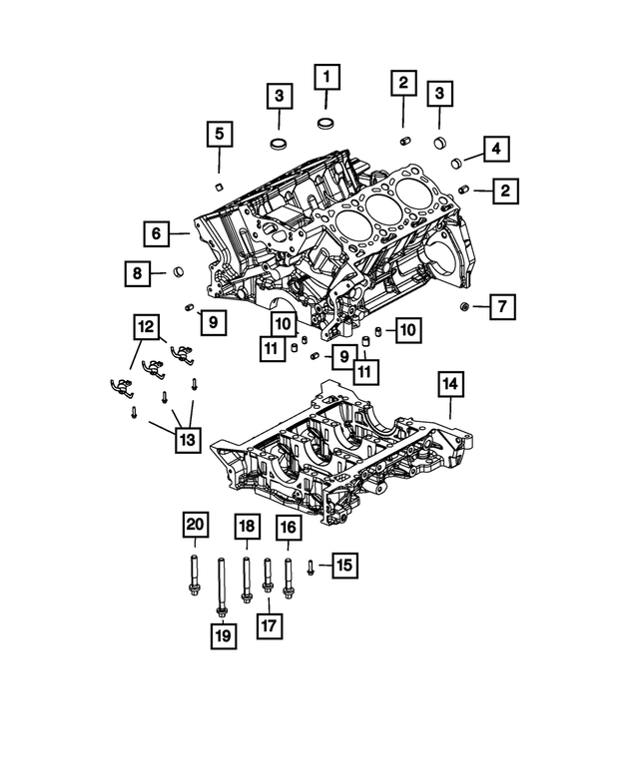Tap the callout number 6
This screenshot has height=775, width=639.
[x=157, y=234]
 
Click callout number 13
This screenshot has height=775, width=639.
[x=189, y=438]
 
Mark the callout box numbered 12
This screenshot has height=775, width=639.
[x=147, y=326]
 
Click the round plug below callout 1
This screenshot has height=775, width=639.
[x=326, y=124]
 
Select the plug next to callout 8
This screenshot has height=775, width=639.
[x=180, y=269]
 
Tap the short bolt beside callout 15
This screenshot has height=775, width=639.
[x=311, y=568]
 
